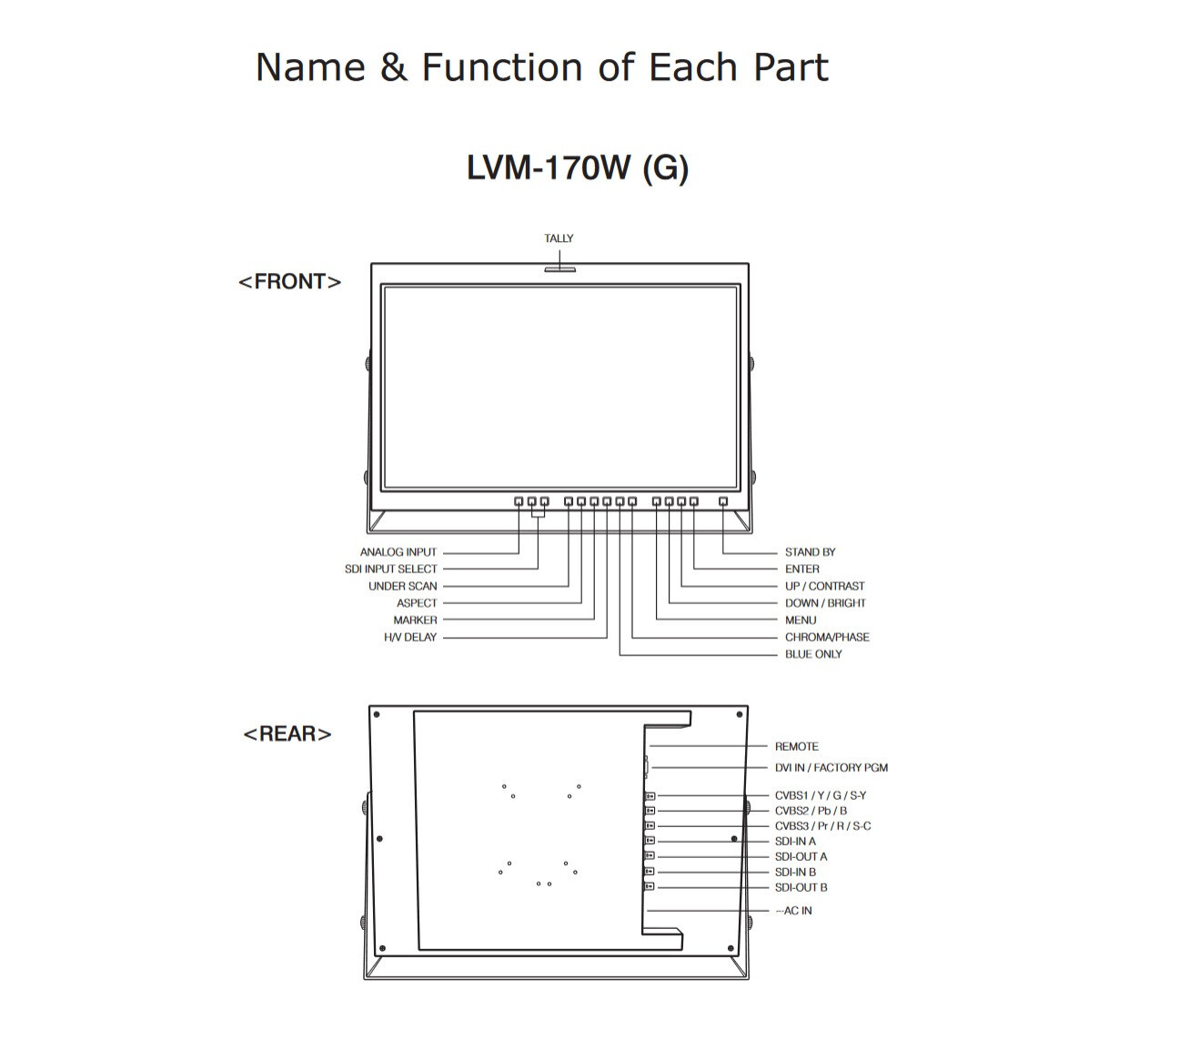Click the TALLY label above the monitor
pos(558,238)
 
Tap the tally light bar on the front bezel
pos(559,269)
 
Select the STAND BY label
pos(810,551)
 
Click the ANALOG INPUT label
pos(398,551)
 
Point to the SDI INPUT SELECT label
pos(390,569)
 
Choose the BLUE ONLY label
pos(813,653)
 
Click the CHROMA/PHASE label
pos(827,637)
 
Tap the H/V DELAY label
pos(410,637)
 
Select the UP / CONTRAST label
pos(824,586)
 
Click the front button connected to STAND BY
pos(722,500)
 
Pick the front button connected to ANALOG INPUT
pos(519,500)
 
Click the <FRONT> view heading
pos(290,281)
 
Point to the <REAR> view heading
pos(287,733)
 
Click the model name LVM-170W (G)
pos(578,167)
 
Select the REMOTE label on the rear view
pos(796,746)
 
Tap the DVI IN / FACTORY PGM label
pos(831,767)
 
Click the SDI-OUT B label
pos(801,887)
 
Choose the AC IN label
pos(794,910)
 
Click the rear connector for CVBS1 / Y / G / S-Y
pos(650,795)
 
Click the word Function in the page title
pos(501,67)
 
